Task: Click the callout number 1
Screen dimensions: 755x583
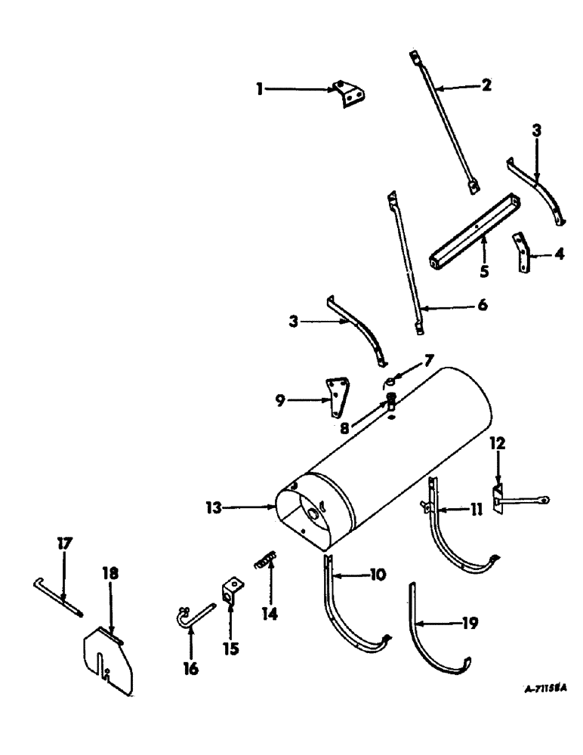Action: point(260,88)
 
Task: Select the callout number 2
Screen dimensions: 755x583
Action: point(486,85)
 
